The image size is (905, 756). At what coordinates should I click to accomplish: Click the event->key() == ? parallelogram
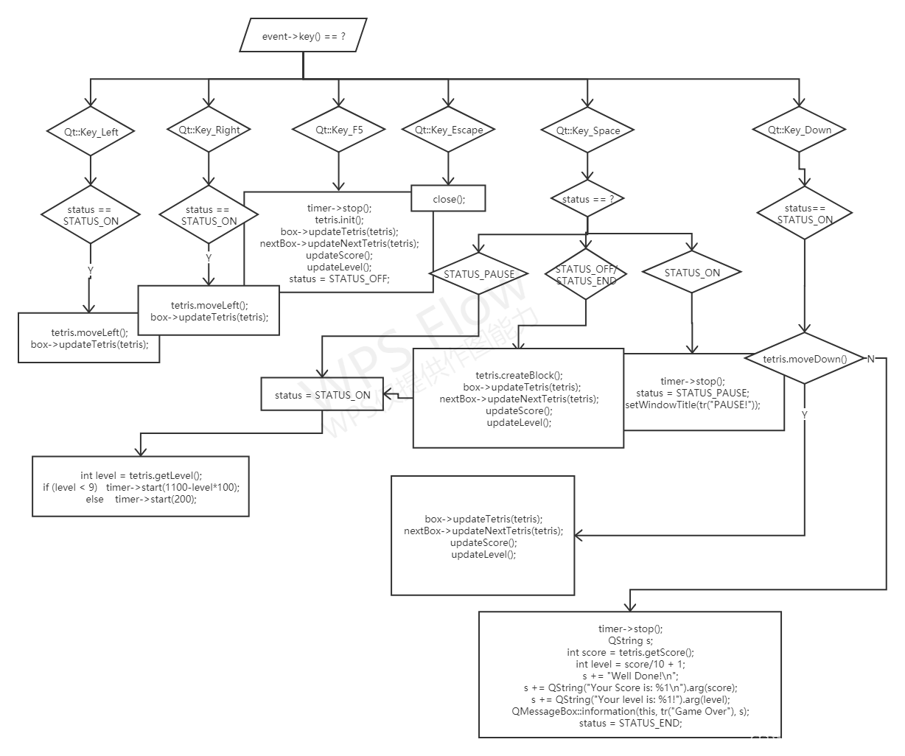tap(303, 35)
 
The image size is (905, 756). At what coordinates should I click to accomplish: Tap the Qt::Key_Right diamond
tap(209, 130)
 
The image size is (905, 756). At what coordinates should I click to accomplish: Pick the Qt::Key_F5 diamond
tap(339, 130)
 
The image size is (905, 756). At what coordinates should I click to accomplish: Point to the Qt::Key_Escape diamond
tap(448, 130)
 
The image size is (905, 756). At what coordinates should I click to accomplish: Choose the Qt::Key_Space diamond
tap(587, 130)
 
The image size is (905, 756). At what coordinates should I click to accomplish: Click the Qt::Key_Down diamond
tap(799, 130)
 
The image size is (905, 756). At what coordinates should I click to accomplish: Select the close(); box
tap(449, 198)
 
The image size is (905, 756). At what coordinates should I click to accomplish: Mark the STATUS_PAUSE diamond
tap(479, 274)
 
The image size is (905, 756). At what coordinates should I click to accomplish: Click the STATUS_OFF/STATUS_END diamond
tap(586, 275)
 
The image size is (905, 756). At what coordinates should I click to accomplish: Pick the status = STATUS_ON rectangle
tap(322, 395)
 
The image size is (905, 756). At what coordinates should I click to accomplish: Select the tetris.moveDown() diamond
tap(804, 359)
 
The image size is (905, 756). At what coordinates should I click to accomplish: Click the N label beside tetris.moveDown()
tap(870, 359)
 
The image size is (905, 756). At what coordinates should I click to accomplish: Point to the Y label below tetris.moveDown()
tap(804, 415)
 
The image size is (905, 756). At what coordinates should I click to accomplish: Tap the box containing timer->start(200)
tap(141, 486)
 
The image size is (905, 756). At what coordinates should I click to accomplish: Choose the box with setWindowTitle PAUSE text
tap(704, 393)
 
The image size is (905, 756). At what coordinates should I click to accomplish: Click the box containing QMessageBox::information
tap(630, 674)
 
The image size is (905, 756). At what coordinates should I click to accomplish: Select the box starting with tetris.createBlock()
tap(518, 398)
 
